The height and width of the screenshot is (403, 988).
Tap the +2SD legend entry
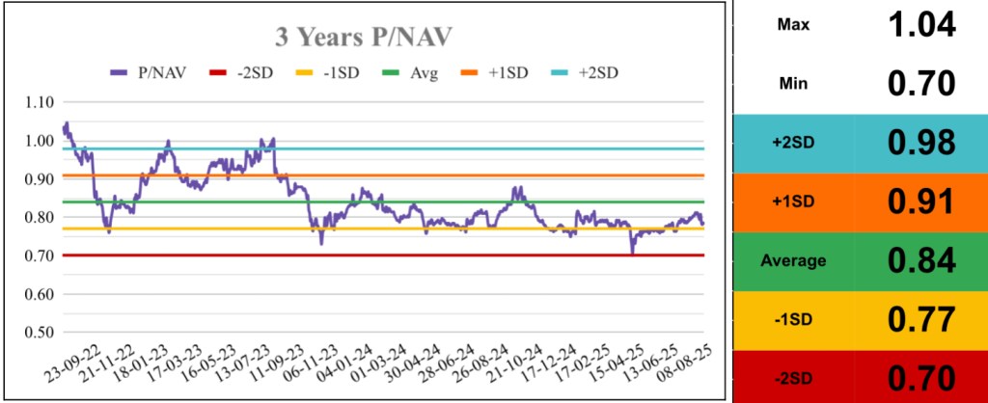pos(593,73)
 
